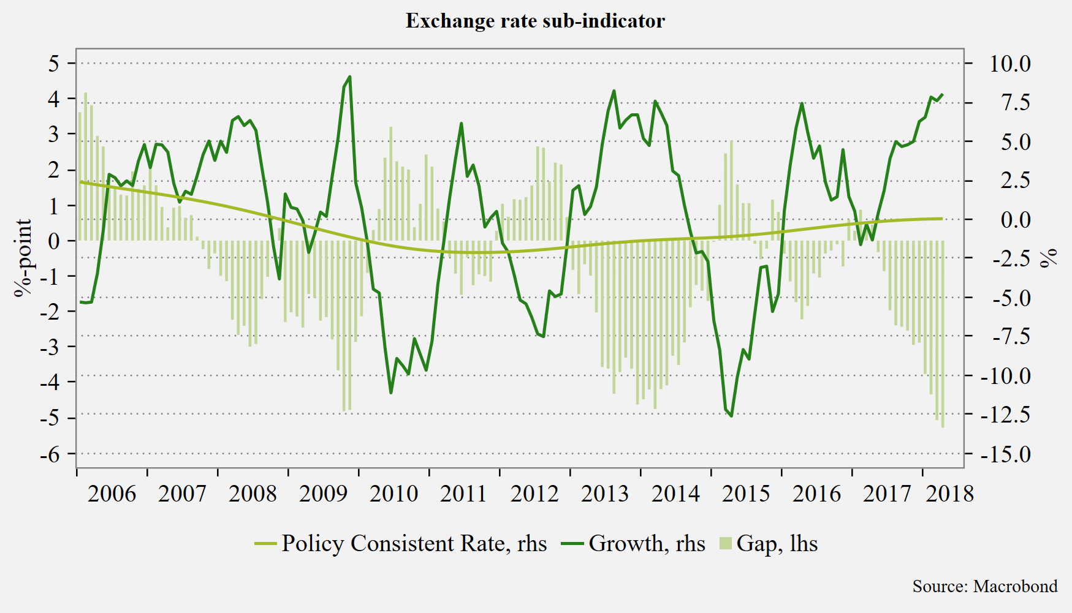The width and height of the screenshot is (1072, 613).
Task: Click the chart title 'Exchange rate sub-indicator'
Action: tap(535, 21)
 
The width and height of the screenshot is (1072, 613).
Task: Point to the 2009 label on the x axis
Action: tap(323, 494)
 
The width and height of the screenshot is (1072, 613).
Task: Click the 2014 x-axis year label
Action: tap(675, 494)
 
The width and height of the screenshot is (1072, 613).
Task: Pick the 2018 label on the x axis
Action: tap(949, 494)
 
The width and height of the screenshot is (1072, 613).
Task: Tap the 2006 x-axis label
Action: tap(112, 494)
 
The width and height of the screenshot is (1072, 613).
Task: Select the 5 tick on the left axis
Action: tap(55, 63)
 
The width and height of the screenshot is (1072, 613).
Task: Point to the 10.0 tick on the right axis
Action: tap(1010, 64)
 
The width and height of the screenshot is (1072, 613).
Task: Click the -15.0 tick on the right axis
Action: tap(1006, 454)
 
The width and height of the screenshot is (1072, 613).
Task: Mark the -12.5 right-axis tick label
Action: tap(1006, 415)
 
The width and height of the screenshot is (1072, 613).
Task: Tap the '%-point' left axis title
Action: tap(24, 257)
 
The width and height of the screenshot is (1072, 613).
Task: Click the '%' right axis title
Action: tap(1049, 258)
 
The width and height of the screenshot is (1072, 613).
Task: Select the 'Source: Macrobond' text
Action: tap(985, 586)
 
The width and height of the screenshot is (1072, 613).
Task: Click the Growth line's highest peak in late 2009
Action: tap(349, 77)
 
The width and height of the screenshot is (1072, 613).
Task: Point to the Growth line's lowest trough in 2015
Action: tap(731, 416)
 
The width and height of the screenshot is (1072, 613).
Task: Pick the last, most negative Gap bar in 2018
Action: tap(943, 334)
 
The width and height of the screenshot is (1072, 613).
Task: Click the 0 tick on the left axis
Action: tap(55, 241)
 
